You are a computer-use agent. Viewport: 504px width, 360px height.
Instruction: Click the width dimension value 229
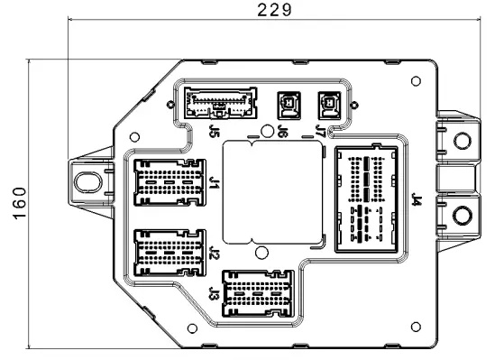[272, 10]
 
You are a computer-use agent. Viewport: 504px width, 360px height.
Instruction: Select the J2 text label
[214, 253]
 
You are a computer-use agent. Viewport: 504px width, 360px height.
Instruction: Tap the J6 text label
[282, 132]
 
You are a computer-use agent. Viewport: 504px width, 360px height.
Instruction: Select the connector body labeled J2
[169, 253]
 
